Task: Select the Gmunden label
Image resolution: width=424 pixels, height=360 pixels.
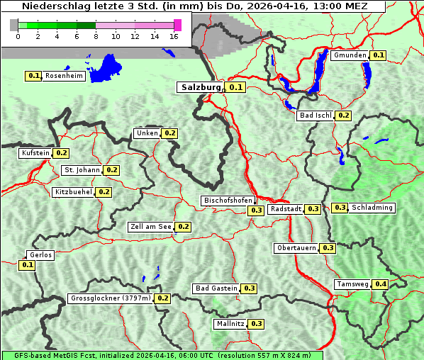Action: [x=350, y=55]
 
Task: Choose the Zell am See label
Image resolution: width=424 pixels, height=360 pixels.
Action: [x=151, y=227]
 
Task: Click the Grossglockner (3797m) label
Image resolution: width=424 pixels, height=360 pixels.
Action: [x=111, y=298]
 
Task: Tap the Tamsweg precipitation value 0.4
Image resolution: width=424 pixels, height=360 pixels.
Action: [x=381, y=284]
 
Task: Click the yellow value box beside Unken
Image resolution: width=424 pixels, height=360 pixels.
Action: [x=170, y=133]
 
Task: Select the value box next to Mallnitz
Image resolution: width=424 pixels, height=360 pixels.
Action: [x=257, y=324]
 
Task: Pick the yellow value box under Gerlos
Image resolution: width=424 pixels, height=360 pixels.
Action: [x=27, y=265]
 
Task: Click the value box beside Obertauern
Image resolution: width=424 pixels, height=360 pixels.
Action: [x=328, y=248]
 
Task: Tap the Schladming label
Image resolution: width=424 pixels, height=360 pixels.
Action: [x=372, y=208]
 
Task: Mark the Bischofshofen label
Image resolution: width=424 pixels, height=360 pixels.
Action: [x=227, y=201]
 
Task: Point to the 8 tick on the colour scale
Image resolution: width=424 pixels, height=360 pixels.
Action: [x=96, y=36]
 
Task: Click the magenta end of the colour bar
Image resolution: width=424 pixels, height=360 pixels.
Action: [x=177, y=25]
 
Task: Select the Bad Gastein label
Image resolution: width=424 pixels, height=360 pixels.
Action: [x=216, y=288]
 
